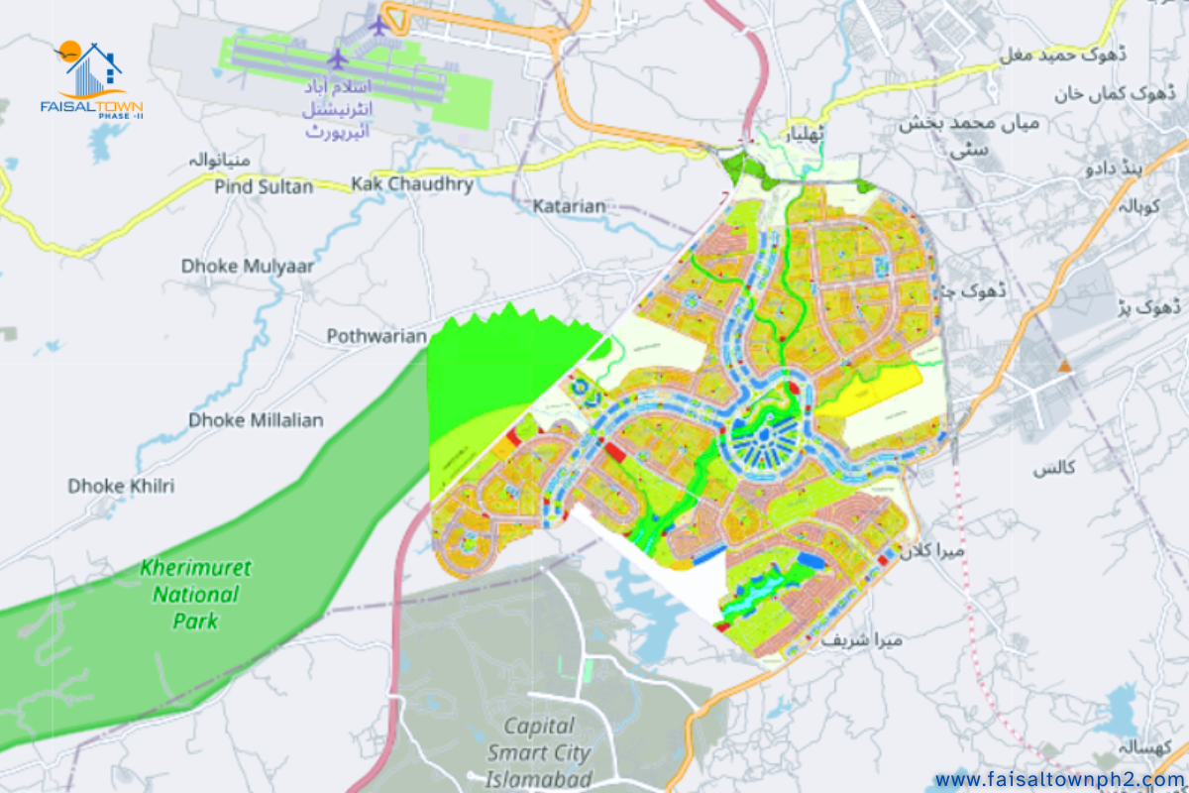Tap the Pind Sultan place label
pyautogui.click(x=264, y=186)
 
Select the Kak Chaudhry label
pyautogui.click(x=411, y=184)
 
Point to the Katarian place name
pyautogui.click(x=569, y=206)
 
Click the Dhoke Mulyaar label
pyautogui.click(x=248, y=266)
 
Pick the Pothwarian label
pyautogui.click(x=377, y=336)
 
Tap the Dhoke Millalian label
pyautogui.click(x=256, y=420)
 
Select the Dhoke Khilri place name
pyautogui.click(x=121, y=486)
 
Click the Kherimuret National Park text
pyautogui.click(x=195, y=594)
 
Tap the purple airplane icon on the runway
pyautogui.click(x=338, y=58)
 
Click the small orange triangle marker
pyautogui.click(x=1064, y=367)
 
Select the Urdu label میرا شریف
pyautogui.click(x=861, y=640)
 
